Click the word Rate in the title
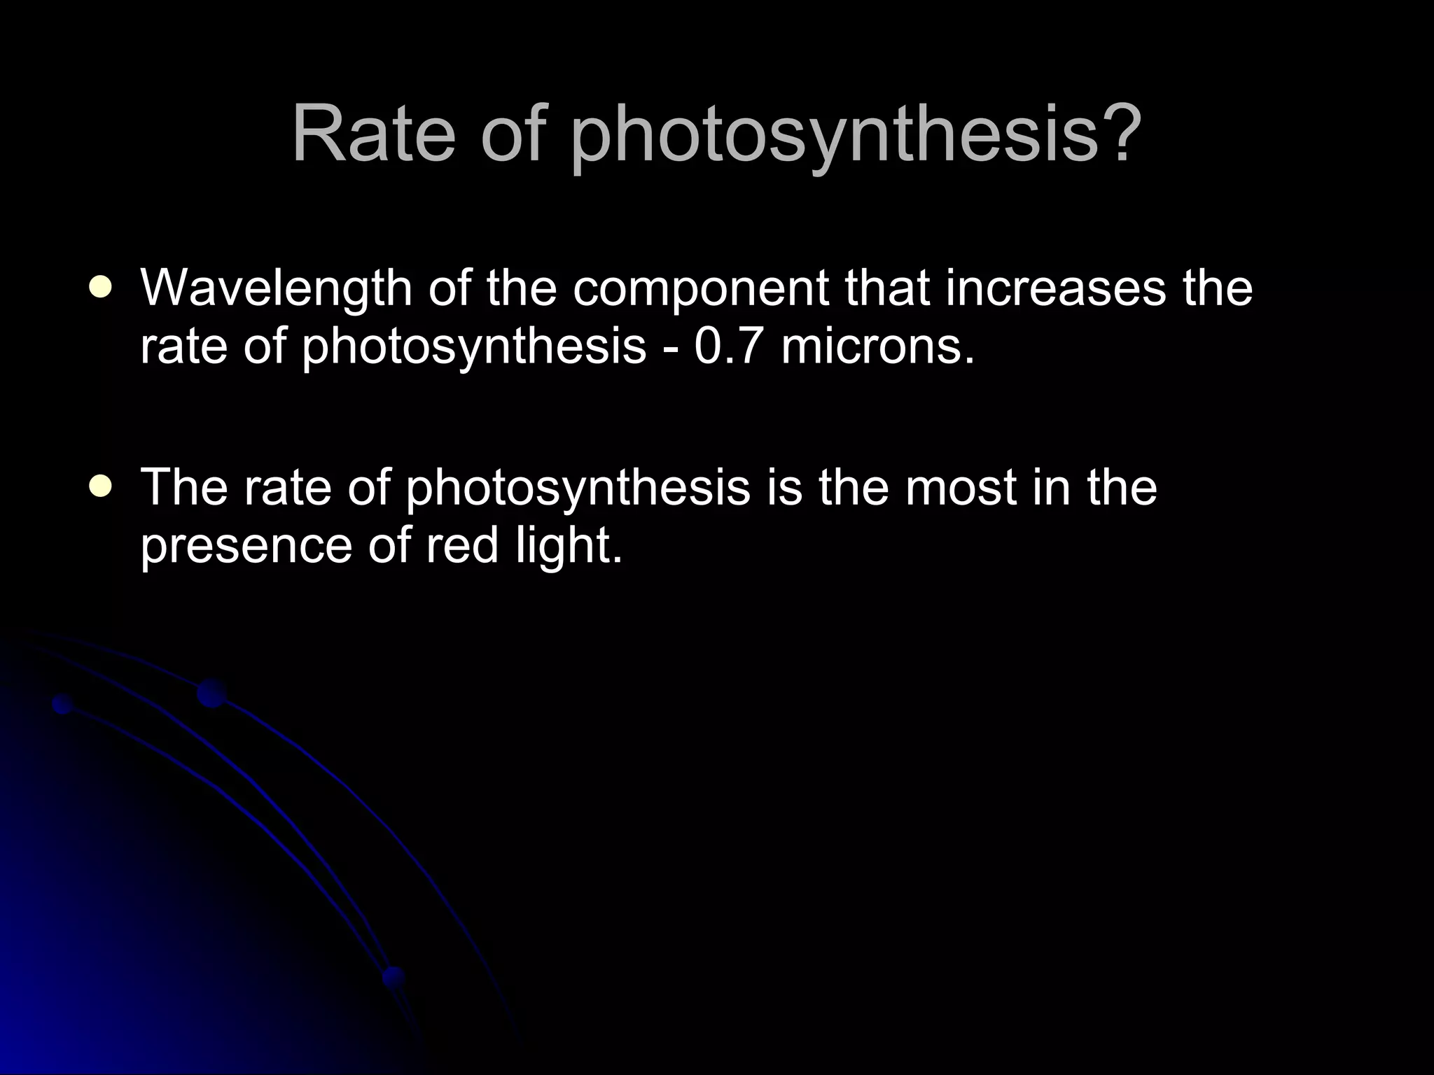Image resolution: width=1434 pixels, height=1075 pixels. point(373,134)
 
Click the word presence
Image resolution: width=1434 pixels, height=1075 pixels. point(246,547)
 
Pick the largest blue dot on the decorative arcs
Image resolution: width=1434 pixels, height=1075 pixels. point(211,693)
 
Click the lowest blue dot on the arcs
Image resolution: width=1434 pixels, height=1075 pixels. point(394,976)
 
